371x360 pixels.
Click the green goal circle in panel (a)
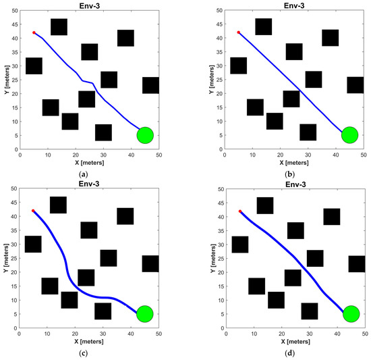tap(146, 135)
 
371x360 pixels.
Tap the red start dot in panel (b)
tap(238, 32)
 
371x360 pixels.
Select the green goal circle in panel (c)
tap(145, 314)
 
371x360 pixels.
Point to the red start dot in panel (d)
tap(240, 211)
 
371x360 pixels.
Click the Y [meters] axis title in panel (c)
tap(5, 259)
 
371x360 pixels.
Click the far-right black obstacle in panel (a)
tap(151, 85)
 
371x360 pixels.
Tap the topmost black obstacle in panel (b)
tap(264, 26)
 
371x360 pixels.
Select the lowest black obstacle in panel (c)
tap(103, 311)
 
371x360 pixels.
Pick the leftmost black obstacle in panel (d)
tap(240, 245)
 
